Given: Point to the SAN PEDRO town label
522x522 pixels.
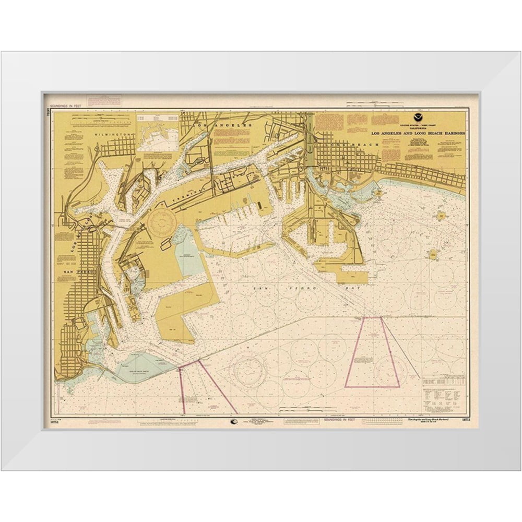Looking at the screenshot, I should (x=77, y=272).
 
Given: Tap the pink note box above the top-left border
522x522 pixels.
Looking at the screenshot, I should (x=104, y=99).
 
